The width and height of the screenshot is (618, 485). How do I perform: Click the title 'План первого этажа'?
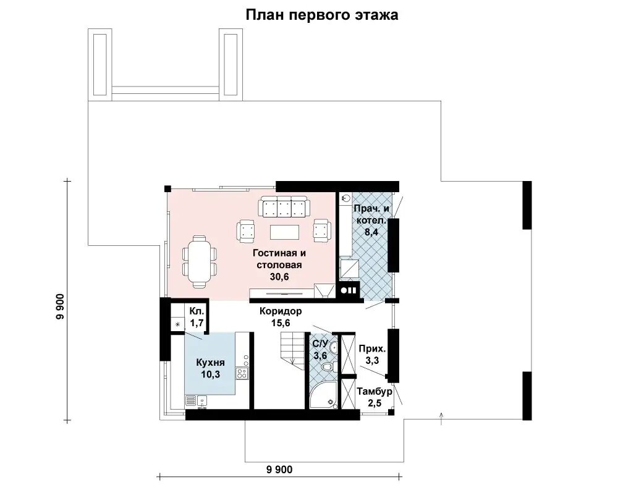[x=322, y=15]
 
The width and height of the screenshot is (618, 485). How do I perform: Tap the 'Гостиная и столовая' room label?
[x=279, y=259]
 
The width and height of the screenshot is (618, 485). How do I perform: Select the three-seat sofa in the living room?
[x=284, y=206]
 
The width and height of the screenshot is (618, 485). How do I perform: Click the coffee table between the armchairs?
[x=284, y=232]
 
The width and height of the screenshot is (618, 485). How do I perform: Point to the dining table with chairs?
[x=200, y=261]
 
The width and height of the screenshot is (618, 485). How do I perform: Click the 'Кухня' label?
[x=211, y=362]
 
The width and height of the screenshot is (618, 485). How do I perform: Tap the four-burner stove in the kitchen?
[x=242, y=373]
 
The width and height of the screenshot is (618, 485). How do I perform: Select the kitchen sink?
[x=203, y=402]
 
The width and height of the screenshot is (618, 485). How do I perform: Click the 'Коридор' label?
[x=281, y=311]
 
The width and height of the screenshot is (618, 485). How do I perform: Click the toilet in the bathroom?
[x=329, y=367]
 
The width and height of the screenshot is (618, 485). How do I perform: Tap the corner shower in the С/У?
[x=324, y=395]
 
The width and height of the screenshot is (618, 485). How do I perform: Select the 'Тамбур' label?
[x=375, y=392]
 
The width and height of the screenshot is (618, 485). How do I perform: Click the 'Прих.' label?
[x=372, y=348]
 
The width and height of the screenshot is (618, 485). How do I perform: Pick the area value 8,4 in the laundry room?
[x=371, y=232]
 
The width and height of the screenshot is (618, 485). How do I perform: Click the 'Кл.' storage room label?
[x=197, y=311]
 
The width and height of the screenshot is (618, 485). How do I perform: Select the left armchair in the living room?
[x=245, y=231]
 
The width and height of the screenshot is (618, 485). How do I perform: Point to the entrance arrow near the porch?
[x=441, y=418]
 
